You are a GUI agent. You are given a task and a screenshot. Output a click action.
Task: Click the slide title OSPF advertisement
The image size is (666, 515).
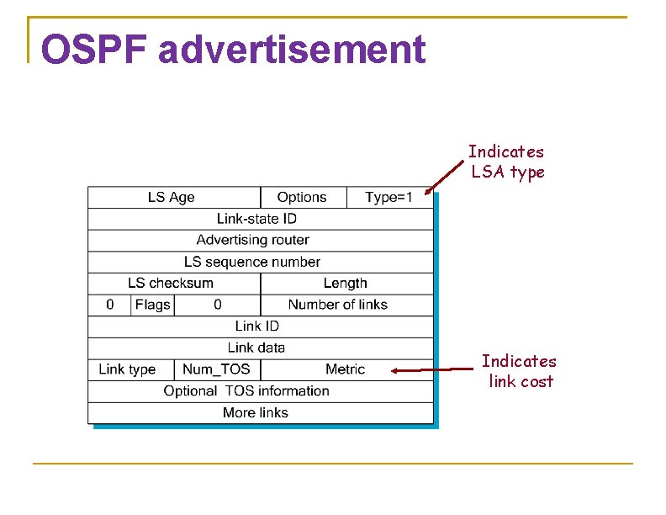click(233, 50)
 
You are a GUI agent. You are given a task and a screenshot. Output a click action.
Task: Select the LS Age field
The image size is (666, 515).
click(172, 197)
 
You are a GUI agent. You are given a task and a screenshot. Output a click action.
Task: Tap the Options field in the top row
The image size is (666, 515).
click(302, 197)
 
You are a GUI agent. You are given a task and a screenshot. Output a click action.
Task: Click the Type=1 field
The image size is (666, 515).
click(388, 197)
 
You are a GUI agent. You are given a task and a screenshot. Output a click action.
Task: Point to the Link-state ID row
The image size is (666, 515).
click(256, 219)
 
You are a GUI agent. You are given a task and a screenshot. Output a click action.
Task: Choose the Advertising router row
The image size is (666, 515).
click(252, 240)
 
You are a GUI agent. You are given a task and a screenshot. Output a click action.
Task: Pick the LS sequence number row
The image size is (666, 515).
click(252, 262)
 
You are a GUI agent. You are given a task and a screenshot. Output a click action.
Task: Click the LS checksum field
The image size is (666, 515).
click(171, 283)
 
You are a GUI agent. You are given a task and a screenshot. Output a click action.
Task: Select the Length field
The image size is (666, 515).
click(346, 283)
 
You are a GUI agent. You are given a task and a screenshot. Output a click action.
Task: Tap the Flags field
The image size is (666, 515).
click(152, 305)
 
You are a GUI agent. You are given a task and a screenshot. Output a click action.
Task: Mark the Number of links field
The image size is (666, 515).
click(338, 305)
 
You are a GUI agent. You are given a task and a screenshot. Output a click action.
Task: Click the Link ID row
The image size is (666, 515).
click(256, 326)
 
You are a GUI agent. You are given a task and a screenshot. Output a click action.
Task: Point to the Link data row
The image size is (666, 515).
click(256, 348)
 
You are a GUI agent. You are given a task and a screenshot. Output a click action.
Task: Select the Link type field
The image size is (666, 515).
click(127, 369)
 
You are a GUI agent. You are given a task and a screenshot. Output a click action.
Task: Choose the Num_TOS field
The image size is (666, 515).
click(216, 369)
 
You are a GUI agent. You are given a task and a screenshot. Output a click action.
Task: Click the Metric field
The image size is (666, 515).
click(345, 369)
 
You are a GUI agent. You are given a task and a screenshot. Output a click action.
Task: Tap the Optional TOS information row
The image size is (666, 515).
click(246, 390)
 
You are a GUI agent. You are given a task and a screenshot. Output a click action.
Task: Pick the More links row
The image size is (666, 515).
click(256, 412)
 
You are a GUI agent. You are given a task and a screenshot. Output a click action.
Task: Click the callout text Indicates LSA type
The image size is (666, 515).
click(507, 162)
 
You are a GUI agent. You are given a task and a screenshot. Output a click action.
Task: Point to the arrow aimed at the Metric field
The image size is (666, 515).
click(433, 369)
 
